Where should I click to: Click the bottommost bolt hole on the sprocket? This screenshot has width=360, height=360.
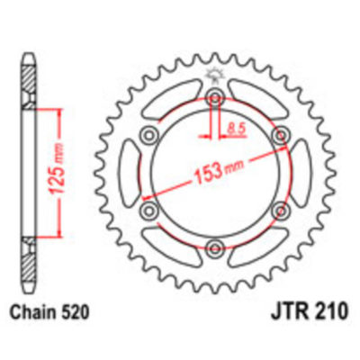point(216,247)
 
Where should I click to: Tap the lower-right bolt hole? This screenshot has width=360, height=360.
point(281,210)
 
